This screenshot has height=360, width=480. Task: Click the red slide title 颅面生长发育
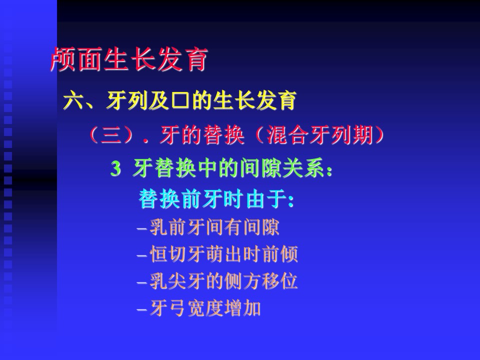(129, 59)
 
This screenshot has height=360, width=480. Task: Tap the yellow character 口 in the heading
(180, 100)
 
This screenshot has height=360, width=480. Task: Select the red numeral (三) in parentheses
(111, 134)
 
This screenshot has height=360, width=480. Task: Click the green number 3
(115, 168)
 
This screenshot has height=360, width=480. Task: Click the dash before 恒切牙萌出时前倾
(142, 255)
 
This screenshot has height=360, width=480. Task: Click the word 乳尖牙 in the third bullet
(177, 281)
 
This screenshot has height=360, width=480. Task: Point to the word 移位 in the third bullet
(279, 281)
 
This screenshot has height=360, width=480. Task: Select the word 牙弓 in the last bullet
(168, 308)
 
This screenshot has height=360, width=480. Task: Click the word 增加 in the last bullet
(242, 308)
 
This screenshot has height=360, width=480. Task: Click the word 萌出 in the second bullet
(224, 254)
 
